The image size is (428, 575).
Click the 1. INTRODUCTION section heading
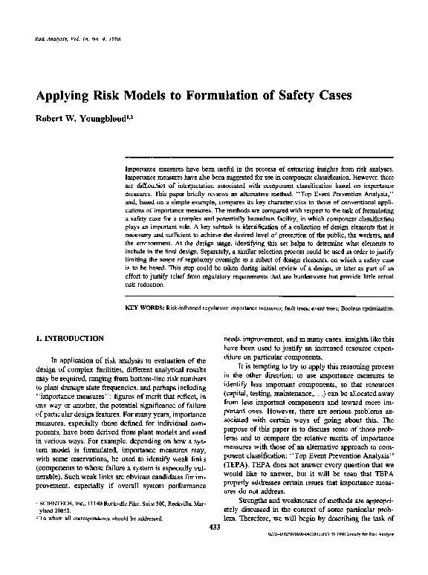tap(70, 339)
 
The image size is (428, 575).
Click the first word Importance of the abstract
tap(143, 169)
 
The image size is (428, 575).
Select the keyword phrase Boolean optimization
tap(374, 306)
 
